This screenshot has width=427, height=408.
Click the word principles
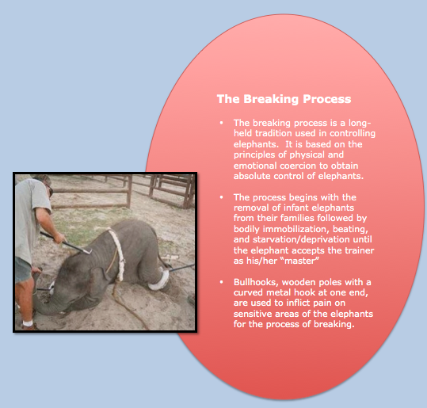pyautogui.click(x=254, y=155)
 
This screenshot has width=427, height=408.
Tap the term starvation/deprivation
pyautogui.click(x=301, y=239)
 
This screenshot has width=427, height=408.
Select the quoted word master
pyautogui.click(x=302, y=261)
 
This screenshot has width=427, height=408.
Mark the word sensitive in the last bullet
pyautogui.click(x=252, y=314)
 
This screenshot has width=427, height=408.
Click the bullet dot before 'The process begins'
pyautogui.click(x=221, y=197)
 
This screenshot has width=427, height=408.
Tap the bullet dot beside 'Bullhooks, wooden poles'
pyautogui.click(x=221, y=282)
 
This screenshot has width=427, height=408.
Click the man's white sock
pyautogui.click(x=28, y=323)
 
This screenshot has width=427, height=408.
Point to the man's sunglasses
pyautogui.click(x=50, y=190)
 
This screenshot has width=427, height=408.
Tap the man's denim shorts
pyautogui.click(x=22, y=269)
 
